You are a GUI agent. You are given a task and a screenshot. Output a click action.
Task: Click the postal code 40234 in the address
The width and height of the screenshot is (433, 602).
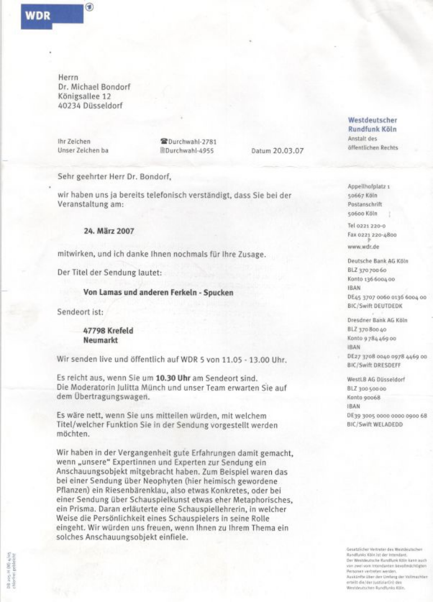(x=69, y=105)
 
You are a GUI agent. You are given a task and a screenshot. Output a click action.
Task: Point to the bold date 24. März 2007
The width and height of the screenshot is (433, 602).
(x=109, y=231)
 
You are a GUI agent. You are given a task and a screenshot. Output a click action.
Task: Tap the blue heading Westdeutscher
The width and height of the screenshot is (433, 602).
(x=373, y=120)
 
